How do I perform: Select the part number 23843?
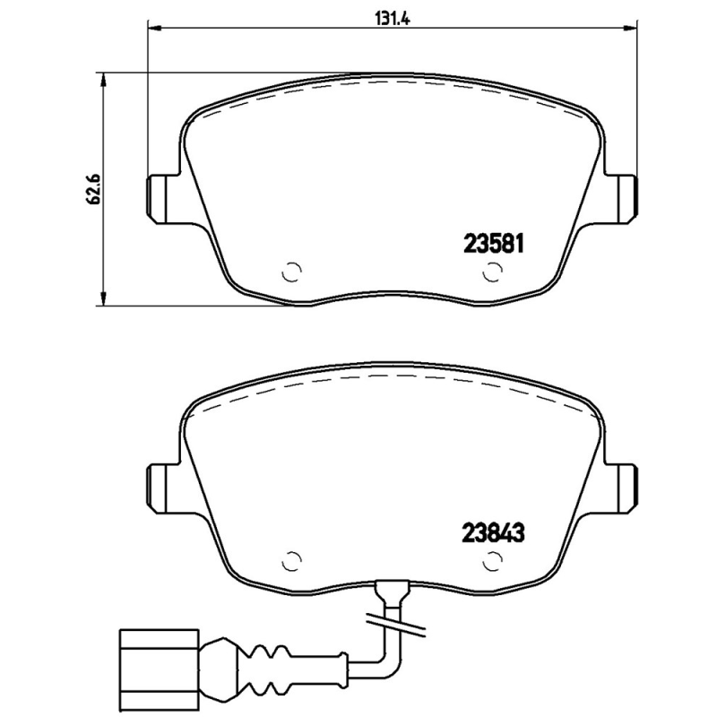click(x=492, y=530)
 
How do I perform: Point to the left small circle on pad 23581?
click(x=290, y=272)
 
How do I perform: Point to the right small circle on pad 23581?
click(x=491, y=272)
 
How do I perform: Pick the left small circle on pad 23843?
click(x=290, y=561)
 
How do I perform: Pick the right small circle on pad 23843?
click(x=491, y=561)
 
